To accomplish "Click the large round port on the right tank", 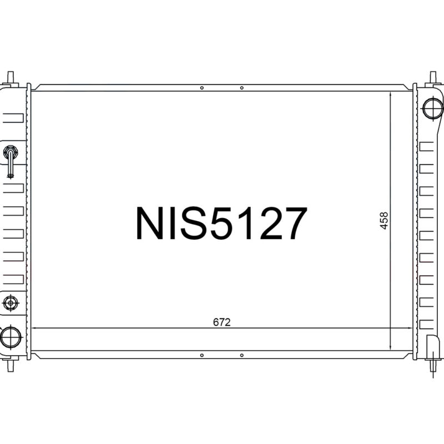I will coord(432,107).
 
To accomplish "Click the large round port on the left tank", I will coord(11,336).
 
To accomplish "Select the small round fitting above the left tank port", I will coord(11,302).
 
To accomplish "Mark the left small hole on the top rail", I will coord(202,88).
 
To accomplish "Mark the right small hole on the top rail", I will coord(241,88).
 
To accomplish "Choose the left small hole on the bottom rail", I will coord(202,355).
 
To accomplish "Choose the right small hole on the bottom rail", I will coord(241,355).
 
